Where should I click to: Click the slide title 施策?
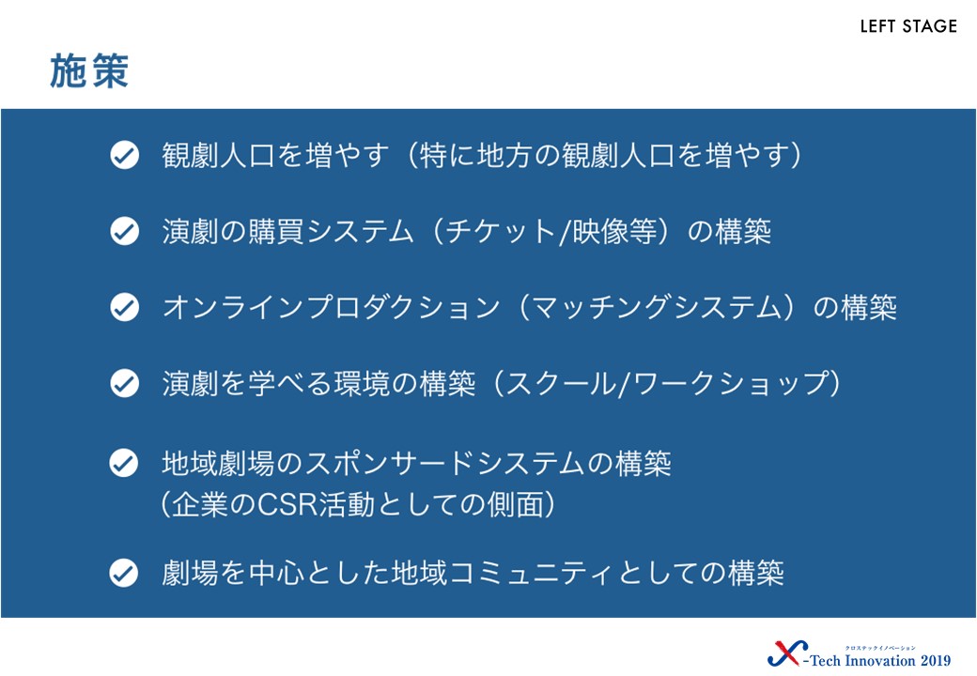[89, 71]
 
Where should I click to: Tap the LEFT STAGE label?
[908, 26]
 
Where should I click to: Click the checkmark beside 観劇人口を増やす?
[125, 155]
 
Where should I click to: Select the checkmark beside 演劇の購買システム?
[125, 231]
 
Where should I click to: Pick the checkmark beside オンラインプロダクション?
[125, 307]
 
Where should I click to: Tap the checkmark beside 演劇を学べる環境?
[125, 383]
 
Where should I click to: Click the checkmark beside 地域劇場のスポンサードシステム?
[124, 463]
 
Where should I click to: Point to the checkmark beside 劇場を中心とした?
[124, 573]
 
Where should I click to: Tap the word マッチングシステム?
[656, 308]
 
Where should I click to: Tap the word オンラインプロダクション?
[331, 308]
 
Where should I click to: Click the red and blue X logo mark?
[787, 653]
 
